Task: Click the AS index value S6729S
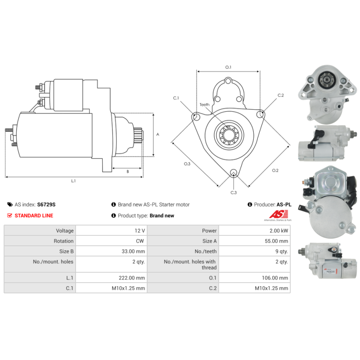click(46, 204)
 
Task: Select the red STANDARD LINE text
click(34, 216)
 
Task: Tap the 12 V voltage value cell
click(139, 230)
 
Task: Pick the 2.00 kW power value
click(279, 230)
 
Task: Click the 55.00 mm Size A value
click(276, 241)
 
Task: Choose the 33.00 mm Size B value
click(133, 251)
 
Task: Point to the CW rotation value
click(140, 241)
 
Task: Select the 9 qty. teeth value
click(282, 251)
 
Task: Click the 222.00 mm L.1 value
click(132, 278)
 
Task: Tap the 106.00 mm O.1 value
click(275, 278)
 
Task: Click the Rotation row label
click(63, 241)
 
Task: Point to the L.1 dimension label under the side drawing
click(73, 181)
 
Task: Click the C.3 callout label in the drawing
click(234, 193)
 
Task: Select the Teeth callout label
click(204, 105)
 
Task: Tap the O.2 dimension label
click(275, 171)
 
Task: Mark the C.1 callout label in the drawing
click(176, 98)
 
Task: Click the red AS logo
click(278, 214)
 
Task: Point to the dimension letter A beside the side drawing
click(158, 134)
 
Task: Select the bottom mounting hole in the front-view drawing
click(234, 173)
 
